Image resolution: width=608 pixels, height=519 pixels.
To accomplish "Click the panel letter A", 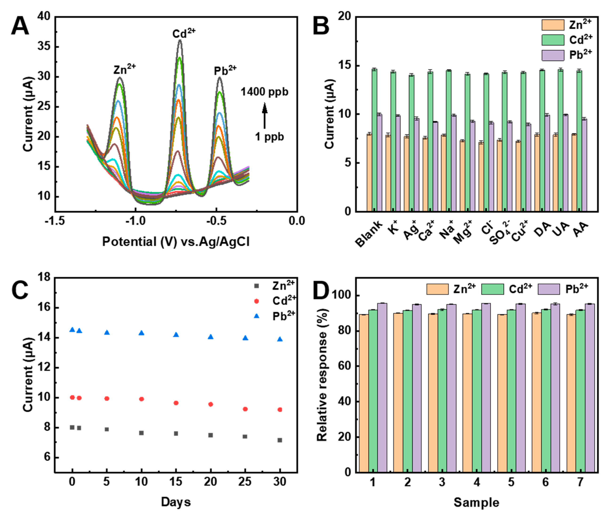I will [20, 26].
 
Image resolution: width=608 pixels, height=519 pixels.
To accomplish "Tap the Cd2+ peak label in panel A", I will [184, 33].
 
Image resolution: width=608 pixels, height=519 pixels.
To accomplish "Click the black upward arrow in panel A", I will [265, 116].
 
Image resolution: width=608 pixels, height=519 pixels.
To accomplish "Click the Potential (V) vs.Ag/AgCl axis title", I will [176, 242].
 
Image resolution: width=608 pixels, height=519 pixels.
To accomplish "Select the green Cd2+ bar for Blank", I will [374, 140].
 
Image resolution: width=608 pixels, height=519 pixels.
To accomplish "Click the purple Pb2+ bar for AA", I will [584, 165].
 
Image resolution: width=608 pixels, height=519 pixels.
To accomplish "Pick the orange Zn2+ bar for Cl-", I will [481, 177].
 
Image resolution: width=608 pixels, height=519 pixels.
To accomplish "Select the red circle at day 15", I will [176, 403].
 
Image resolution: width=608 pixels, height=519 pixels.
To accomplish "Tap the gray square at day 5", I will [107, 430].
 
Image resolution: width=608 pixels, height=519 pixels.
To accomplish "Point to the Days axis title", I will [176, 502].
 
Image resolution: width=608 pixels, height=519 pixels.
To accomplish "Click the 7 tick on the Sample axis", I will [580, 482].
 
